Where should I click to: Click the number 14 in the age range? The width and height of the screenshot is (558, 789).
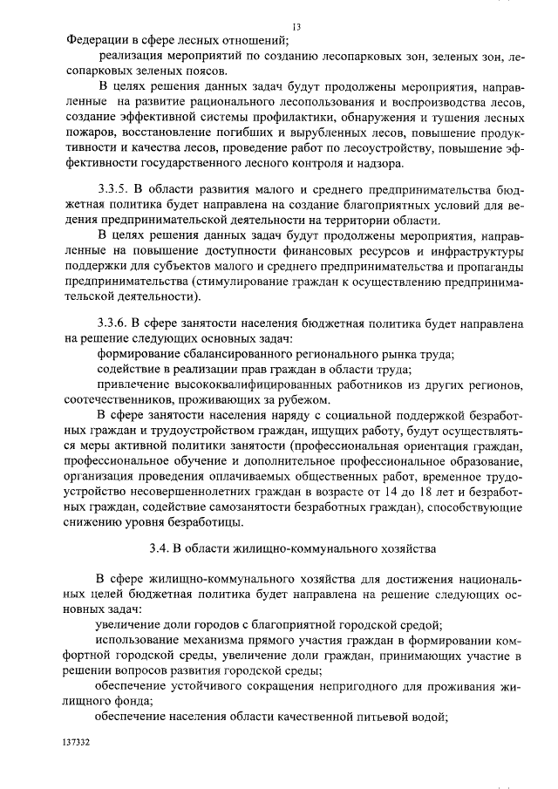[x=380, y=493]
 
